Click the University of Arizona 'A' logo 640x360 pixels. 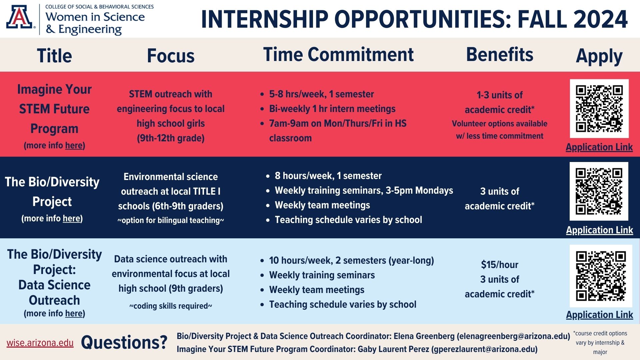(x=20, y=18)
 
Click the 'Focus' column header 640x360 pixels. (x=171, y=56)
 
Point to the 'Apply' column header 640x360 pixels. (x=599, y=56)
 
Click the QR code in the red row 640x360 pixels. (x=599, y=109)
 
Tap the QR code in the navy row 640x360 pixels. (x=599, y=191)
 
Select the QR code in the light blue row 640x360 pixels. (x=599, y=276)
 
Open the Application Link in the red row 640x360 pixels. (x=599, y=147)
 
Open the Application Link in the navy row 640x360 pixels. (x=599, y=230)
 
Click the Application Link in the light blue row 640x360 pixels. (x=599, y=315)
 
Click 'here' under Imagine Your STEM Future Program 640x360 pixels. (x=74, y=146)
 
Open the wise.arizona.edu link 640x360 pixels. (x=40, y=343)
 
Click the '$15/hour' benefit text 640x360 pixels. (x=500, y=265)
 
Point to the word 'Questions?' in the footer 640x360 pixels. (x=124, y=342)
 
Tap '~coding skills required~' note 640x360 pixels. (x=171, y=306)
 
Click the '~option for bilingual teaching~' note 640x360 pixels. (x=171, y=220)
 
